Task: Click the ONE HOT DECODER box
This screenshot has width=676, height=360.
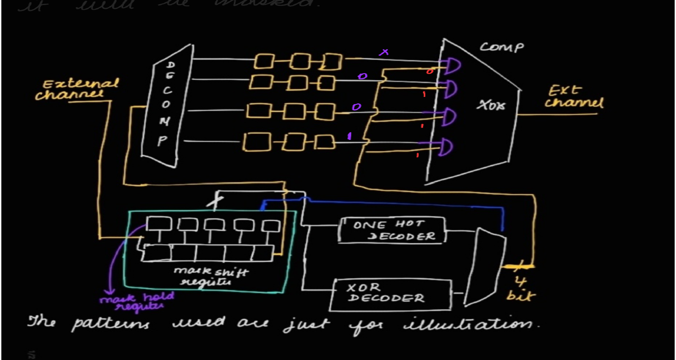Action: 392,230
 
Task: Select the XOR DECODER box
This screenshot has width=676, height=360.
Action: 390,294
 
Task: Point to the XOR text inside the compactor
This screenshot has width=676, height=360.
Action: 490,106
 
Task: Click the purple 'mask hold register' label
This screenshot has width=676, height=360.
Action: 137,301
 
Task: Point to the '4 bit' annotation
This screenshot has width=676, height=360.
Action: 521,289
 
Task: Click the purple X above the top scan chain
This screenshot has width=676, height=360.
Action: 383,53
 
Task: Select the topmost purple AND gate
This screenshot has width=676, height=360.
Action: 452,66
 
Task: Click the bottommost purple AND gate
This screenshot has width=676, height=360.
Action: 444,147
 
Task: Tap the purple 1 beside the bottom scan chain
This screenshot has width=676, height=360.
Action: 349,136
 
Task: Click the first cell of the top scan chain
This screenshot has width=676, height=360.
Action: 264,61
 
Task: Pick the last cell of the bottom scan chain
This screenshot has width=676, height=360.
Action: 324,142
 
